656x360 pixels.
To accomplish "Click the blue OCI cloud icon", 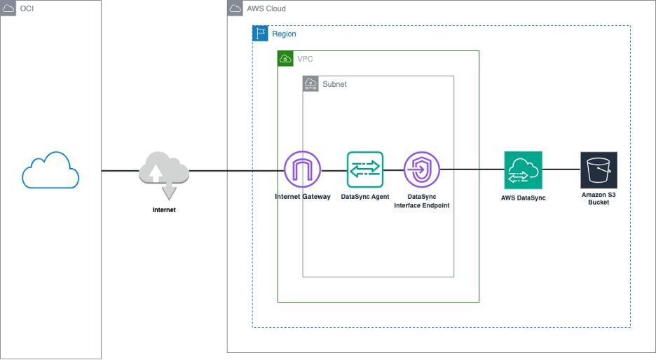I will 50,170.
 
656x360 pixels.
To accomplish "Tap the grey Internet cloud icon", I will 164,174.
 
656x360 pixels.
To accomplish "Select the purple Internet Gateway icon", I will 302,170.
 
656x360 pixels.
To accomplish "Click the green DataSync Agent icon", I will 365,170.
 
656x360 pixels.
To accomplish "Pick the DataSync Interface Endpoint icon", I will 422,170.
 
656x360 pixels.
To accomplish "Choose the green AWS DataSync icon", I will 523,170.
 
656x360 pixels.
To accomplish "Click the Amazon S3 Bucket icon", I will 599,170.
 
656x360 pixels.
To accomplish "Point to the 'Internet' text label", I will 164,209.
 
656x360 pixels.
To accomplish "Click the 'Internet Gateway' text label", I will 302,197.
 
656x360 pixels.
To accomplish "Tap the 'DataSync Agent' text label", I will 365,197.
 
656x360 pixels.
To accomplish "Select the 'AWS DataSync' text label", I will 523,198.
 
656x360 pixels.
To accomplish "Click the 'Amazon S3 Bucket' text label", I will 599,198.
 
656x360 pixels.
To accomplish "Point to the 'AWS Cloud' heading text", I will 266,8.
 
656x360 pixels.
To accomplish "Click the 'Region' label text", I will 284,34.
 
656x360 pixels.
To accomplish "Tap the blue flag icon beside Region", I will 260,34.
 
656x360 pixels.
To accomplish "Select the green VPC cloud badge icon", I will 285,59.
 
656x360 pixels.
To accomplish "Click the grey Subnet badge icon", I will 310,84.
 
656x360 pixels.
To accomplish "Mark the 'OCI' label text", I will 27,8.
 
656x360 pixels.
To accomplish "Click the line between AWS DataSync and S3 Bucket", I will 561,169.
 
